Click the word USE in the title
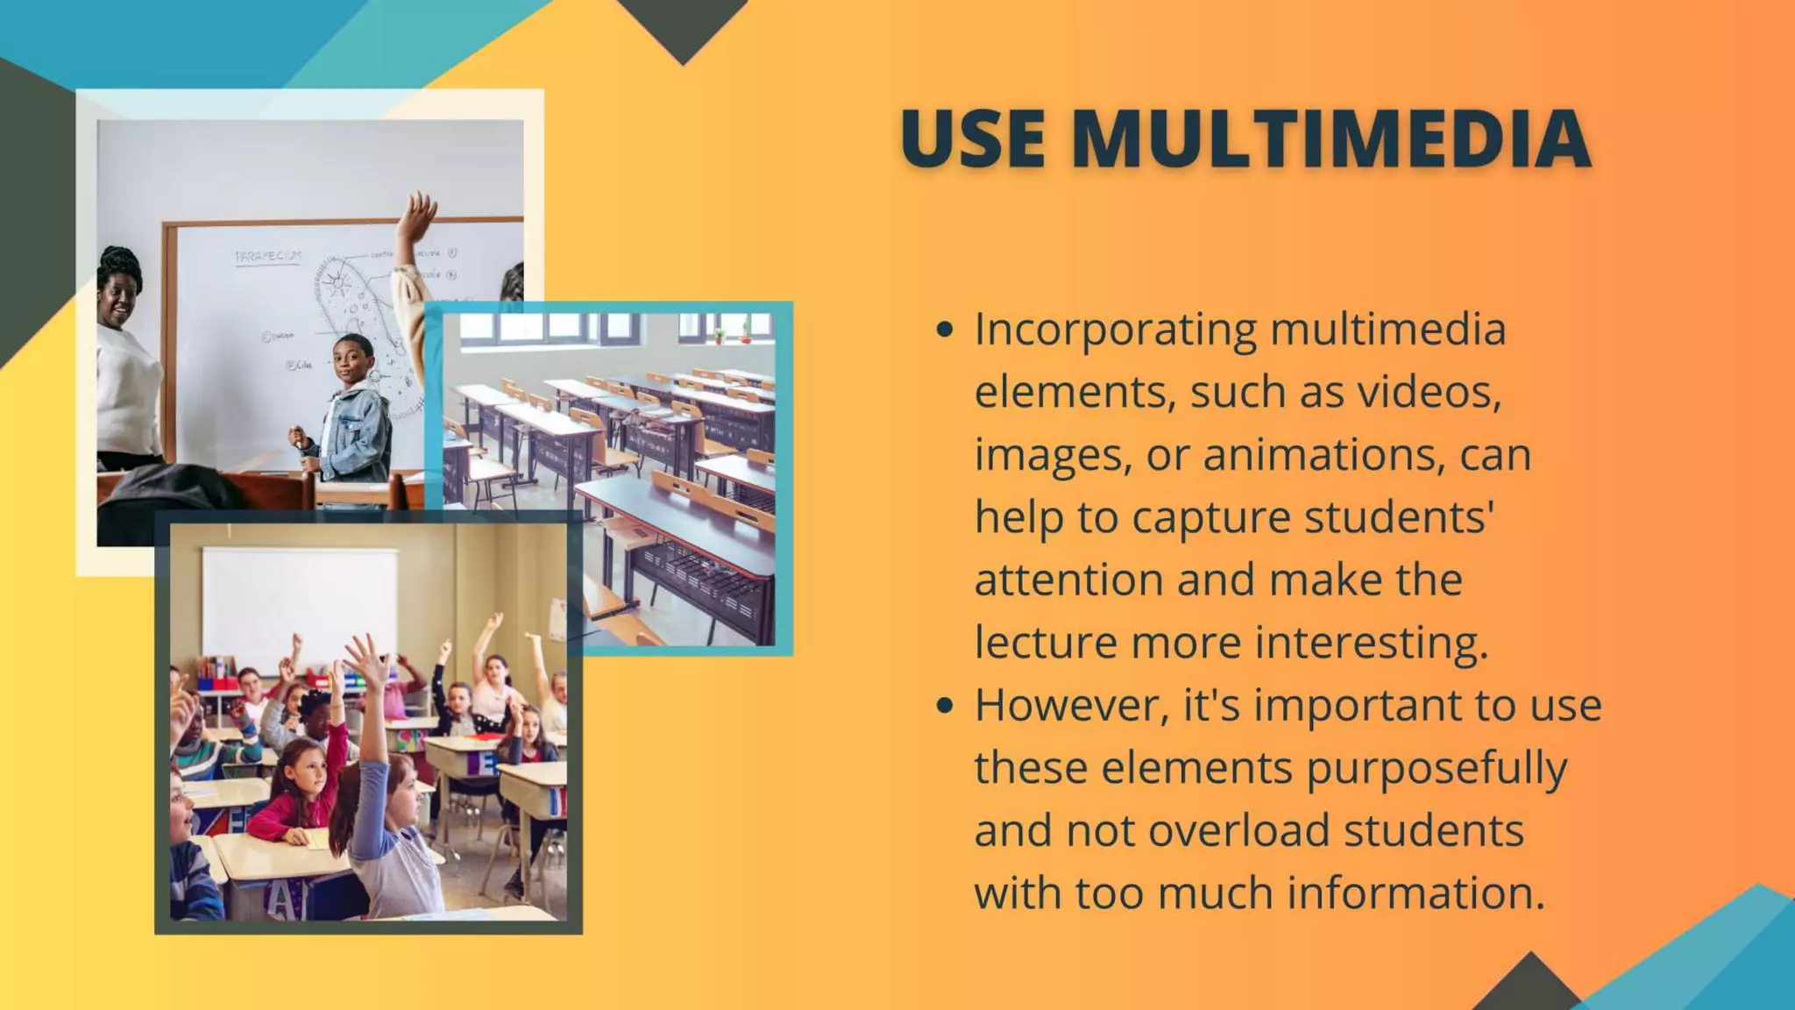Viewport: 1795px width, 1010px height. [x=973, y=139]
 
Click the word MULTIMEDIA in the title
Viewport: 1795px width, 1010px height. [x=1330, y=139]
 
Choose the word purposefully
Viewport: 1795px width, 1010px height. [x=1437, y=768]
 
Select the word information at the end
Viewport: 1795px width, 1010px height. [x=1415, y=893]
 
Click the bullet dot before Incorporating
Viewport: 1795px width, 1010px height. [x=944, y=330]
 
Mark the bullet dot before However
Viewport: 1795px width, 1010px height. [x=944, y=705]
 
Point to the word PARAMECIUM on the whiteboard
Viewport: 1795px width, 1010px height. [x=267, y=256]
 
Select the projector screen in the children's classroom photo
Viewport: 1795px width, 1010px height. [x=299, y=605]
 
